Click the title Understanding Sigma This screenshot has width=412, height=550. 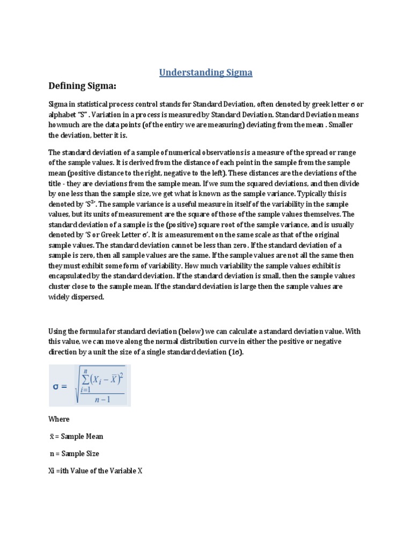[205, 73]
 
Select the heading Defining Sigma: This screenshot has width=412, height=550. [83, 86]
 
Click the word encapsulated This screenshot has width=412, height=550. [72, 276]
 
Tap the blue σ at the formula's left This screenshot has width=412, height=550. [60, 387]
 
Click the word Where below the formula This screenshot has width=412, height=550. [59, 419]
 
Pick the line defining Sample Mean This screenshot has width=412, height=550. [76, 437]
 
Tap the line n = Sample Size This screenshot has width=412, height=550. [74, 454]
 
